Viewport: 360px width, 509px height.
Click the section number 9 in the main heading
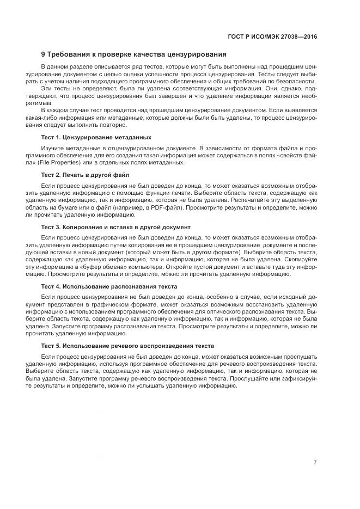click(44, 54)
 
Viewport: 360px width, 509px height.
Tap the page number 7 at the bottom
click(315, 463)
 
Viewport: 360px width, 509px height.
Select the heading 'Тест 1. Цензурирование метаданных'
click(96, 137)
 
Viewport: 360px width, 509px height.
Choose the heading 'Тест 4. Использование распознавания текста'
click(109, 286)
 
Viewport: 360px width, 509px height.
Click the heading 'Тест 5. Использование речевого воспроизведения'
click(127, 346)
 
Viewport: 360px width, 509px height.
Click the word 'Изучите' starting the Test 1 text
click(52, 148)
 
